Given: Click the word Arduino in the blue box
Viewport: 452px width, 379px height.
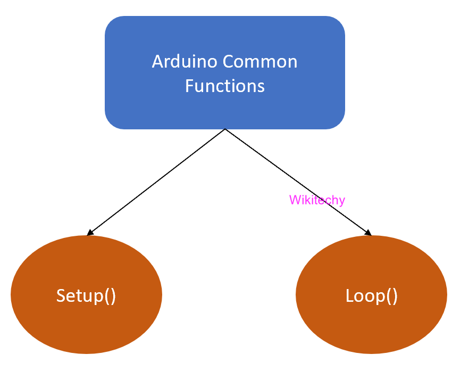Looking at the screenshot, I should tap(185, 62).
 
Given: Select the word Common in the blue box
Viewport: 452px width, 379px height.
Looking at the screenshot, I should tap(260, 62).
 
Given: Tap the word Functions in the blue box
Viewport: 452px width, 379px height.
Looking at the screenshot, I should tap(225, 86).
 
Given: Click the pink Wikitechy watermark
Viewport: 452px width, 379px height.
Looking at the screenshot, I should tap(317, 200).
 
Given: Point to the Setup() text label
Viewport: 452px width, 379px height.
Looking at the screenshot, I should tap(86, 295).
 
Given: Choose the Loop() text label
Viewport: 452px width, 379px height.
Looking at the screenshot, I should tap(371, 295).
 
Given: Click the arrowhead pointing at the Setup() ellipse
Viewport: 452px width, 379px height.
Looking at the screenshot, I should tap(90, 233).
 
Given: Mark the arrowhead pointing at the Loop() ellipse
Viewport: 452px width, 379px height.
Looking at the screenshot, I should tap(367, 233).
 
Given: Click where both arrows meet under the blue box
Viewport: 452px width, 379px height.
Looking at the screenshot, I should tap(225, 129).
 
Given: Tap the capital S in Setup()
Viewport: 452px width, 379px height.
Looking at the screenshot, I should tap(61, 295).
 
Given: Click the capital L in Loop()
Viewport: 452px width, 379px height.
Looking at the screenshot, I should tap(350, 295).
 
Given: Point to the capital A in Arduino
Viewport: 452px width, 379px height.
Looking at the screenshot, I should tap(157, 62).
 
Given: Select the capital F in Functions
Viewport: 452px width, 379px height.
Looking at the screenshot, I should tap(189, 86).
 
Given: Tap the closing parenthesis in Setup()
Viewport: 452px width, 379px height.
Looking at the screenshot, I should tap(113, 296).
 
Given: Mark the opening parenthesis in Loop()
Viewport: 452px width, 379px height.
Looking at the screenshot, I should tap(388, 296).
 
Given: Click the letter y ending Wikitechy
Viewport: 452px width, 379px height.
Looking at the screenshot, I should tap(342, 201).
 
